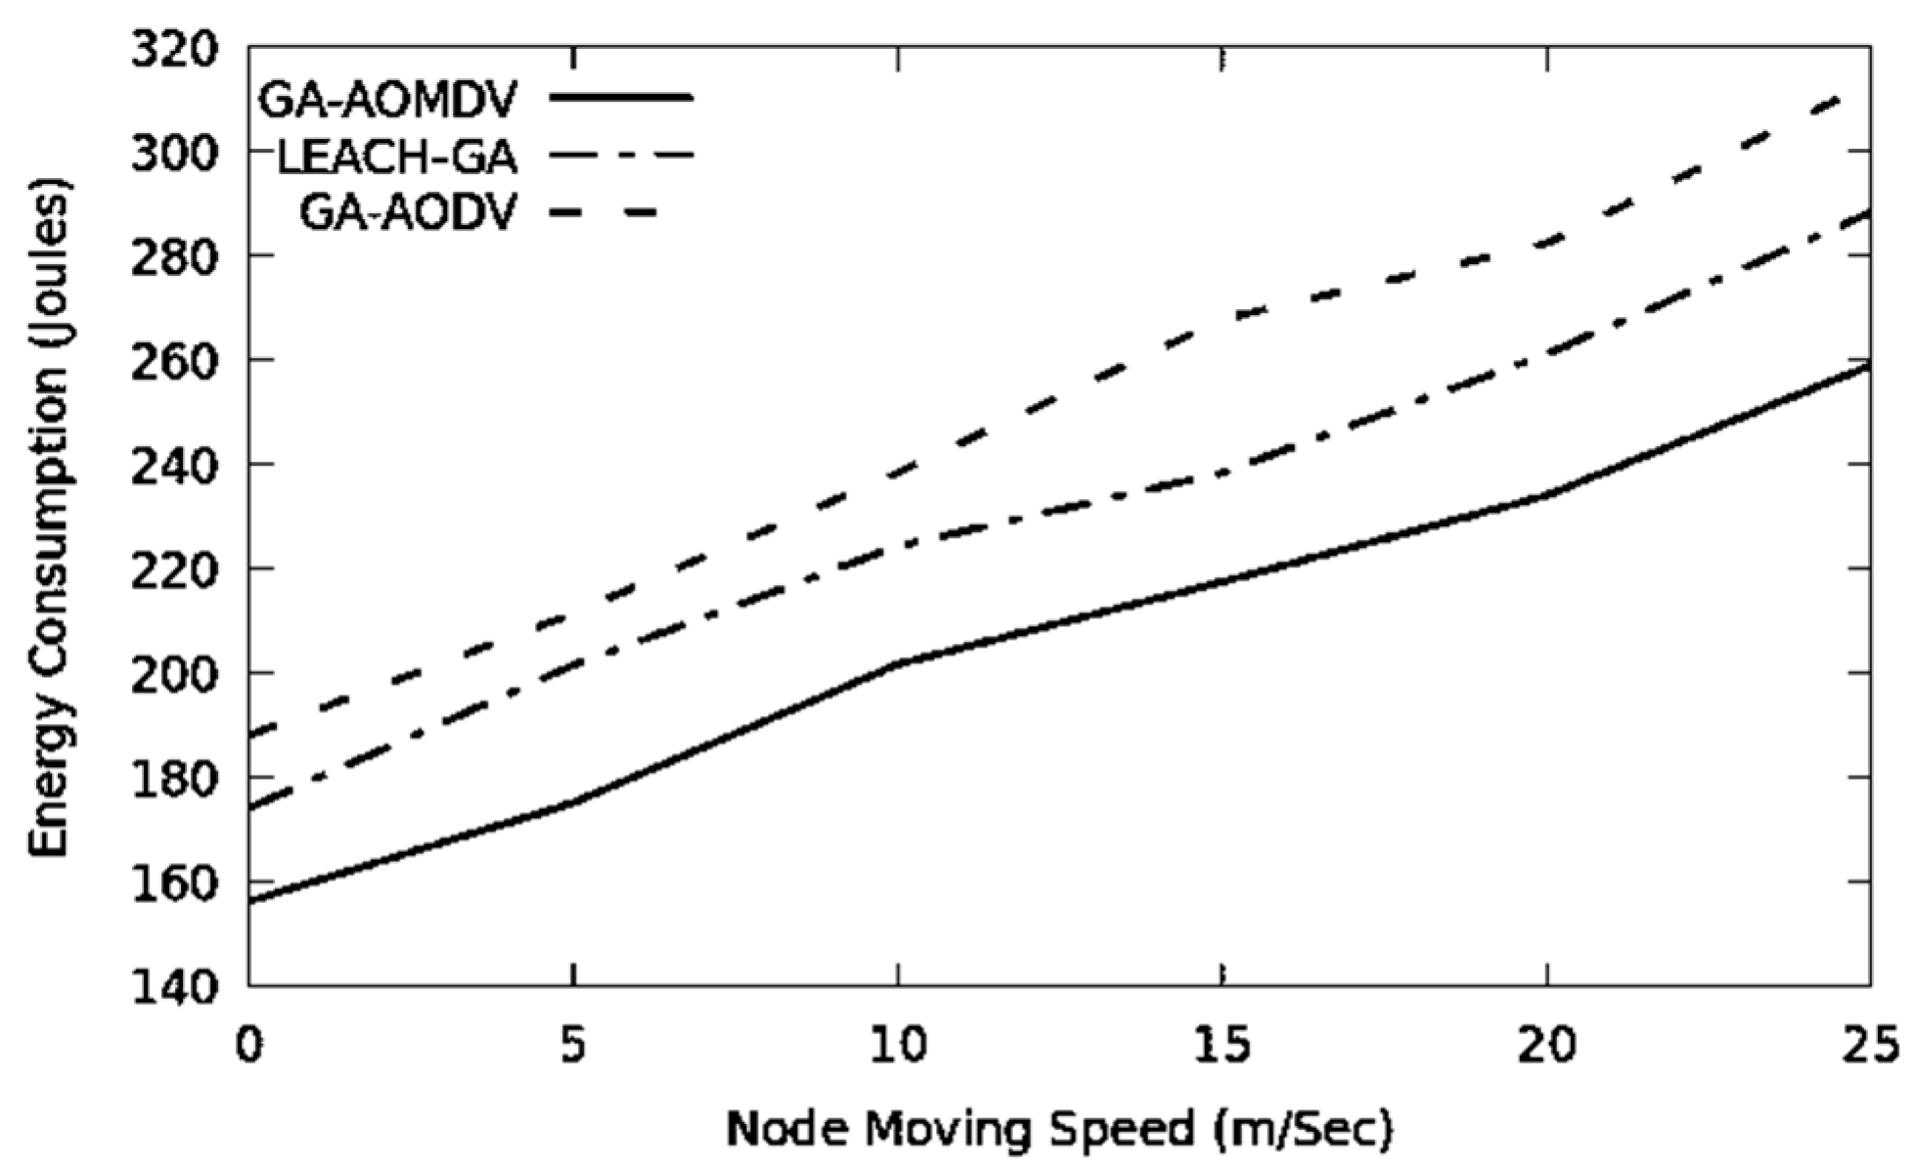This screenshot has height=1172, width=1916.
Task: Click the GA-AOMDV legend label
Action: (x=387, y=99)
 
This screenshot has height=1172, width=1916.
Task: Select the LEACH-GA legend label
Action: (x=398, y=157)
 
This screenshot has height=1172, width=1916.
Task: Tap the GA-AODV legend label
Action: (x=407, y=212)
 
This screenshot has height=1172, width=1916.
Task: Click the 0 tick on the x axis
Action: (x=250, y=1044)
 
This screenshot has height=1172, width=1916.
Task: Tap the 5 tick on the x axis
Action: (x=573, y=1044)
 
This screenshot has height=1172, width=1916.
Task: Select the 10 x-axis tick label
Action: (x=897, y=1044)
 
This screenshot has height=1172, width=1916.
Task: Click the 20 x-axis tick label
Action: (x=1546, y=1044)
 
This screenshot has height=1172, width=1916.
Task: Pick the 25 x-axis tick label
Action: (x=1870, y=1044)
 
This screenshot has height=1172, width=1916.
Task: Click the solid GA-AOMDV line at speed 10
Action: (x=897, y=664)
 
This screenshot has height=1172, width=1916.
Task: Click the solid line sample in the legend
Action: (x=621, y=97)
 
